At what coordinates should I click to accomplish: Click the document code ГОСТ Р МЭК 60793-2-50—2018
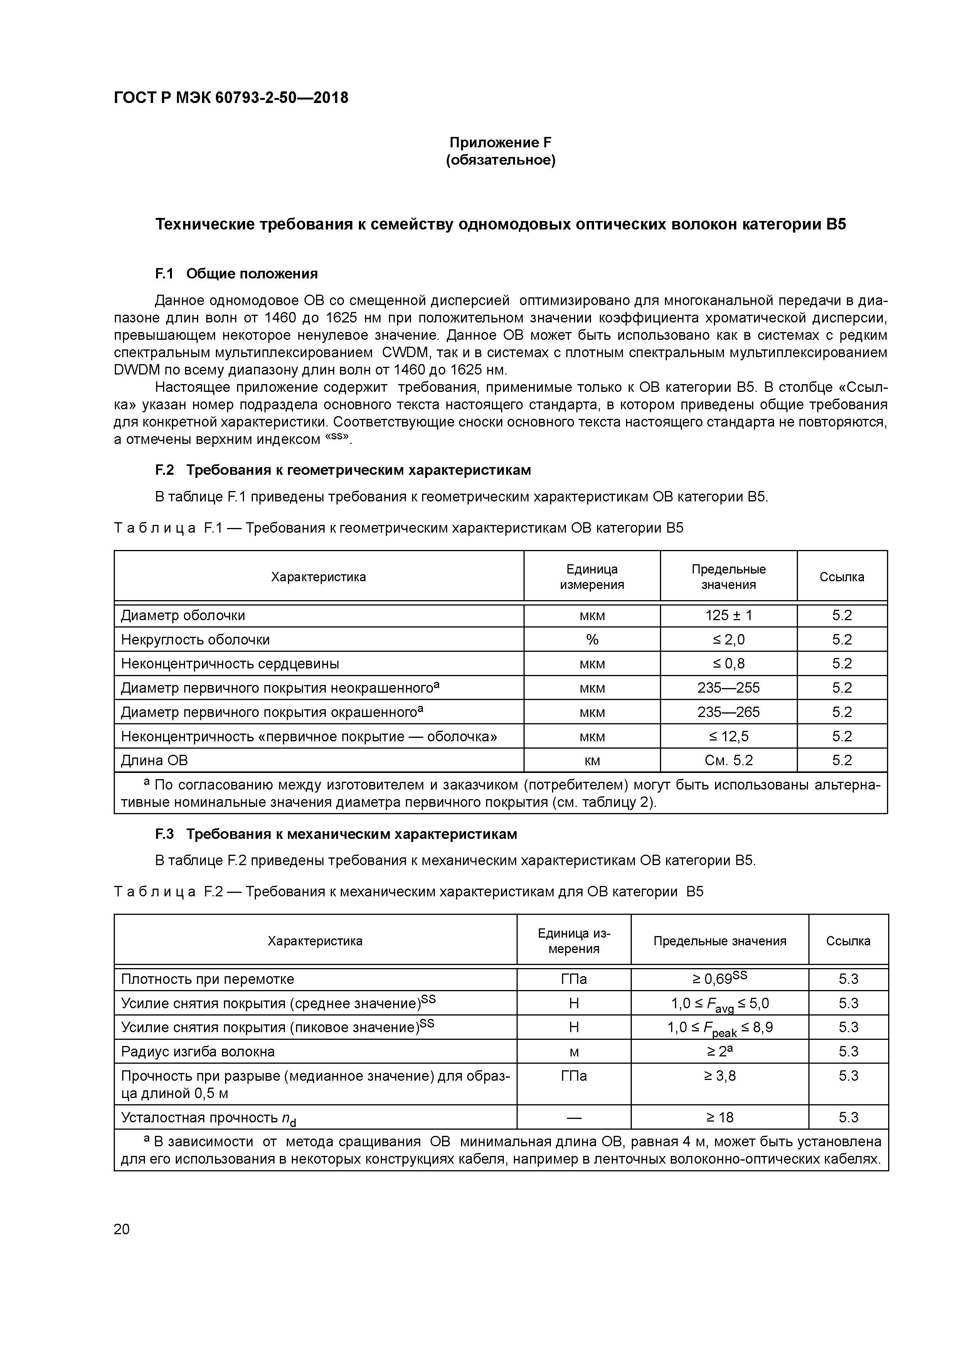coord(231,98)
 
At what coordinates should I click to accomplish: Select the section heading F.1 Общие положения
coord(236,273)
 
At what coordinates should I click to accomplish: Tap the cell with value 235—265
coord(728,712)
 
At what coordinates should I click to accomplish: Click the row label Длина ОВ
coord(154,760)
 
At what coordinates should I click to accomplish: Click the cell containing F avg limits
coord(719,1004)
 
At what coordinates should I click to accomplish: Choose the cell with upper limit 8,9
coord(719,1028)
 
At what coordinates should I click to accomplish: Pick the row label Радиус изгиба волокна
coord(197,1051)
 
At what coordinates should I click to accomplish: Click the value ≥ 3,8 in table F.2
coord(719,1076)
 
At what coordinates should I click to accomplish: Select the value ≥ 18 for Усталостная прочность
coord(719,1117)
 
